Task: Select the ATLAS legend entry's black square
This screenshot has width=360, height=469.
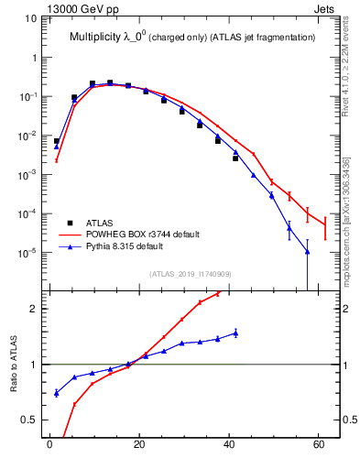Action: (x=71, y=223)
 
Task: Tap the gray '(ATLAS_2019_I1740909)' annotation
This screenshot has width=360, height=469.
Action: (x=190, y=273)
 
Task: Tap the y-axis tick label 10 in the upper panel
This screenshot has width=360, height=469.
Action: (x=31, y=18)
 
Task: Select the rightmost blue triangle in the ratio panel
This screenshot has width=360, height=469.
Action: (x=235, y=333)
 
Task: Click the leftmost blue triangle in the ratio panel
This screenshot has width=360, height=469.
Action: (x=57, y=393)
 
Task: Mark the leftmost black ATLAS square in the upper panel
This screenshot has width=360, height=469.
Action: (x=57, y=141)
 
